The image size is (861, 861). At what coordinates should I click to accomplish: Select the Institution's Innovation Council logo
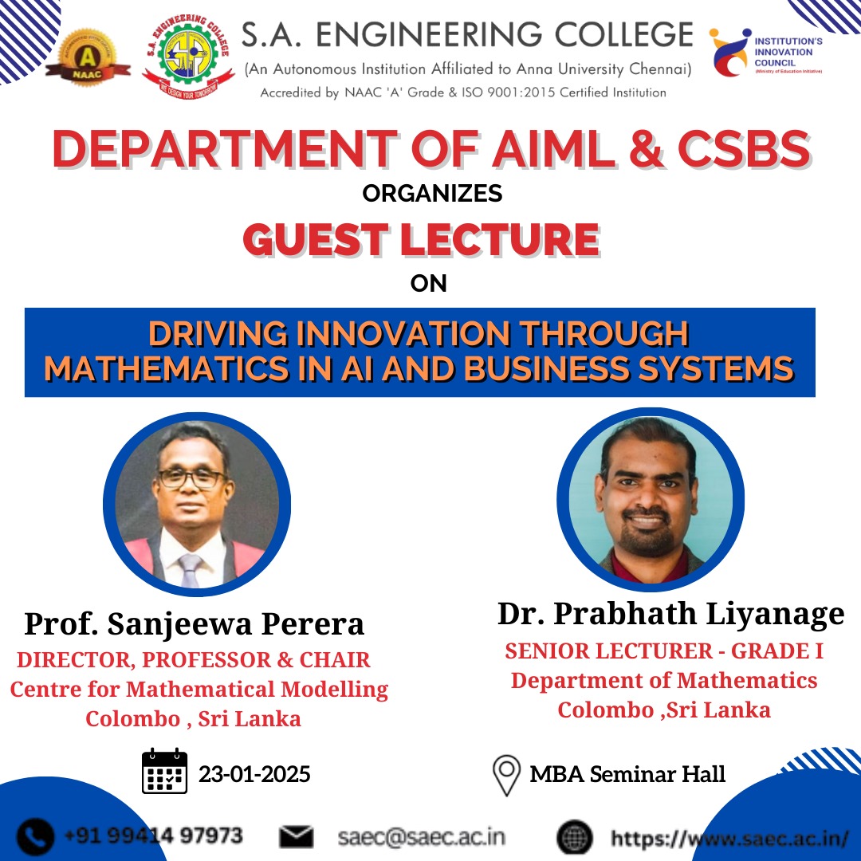766,53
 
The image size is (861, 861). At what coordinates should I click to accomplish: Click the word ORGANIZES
432,193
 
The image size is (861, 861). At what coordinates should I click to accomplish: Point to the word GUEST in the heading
315,240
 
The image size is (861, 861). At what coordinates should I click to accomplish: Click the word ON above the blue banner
428,283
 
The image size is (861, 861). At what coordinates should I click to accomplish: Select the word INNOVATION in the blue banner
403,333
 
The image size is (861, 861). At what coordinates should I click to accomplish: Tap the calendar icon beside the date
165,771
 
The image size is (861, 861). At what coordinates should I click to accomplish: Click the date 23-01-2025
254,774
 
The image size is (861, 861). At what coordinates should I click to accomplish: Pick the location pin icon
506,776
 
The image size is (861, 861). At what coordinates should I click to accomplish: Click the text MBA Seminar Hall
627,774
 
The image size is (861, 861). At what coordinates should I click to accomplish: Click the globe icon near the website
575,838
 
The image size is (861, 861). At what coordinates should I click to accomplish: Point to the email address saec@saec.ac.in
421,837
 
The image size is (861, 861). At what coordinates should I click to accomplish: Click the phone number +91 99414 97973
154,835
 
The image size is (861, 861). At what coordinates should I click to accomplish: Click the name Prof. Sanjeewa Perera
195,623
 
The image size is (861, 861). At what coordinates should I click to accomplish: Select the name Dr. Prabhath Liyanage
671,614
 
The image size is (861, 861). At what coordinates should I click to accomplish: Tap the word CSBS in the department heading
744,149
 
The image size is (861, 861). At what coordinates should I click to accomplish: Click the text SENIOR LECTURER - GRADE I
664,651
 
